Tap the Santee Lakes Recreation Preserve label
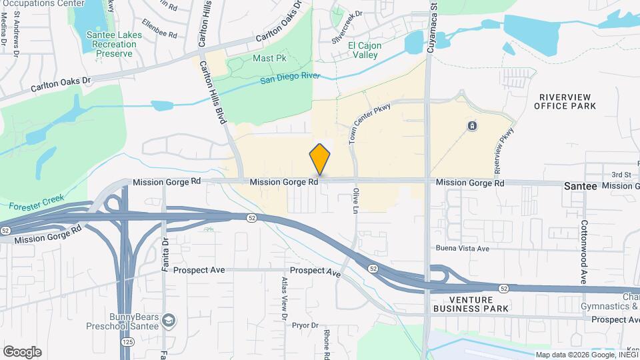(111, 44)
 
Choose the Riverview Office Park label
(565, 101)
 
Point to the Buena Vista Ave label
(463, 248)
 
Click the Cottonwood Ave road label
(583, 251)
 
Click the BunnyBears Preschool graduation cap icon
(169, 321)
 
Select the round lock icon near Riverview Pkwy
(472, 125)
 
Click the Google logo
(22, 351)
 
